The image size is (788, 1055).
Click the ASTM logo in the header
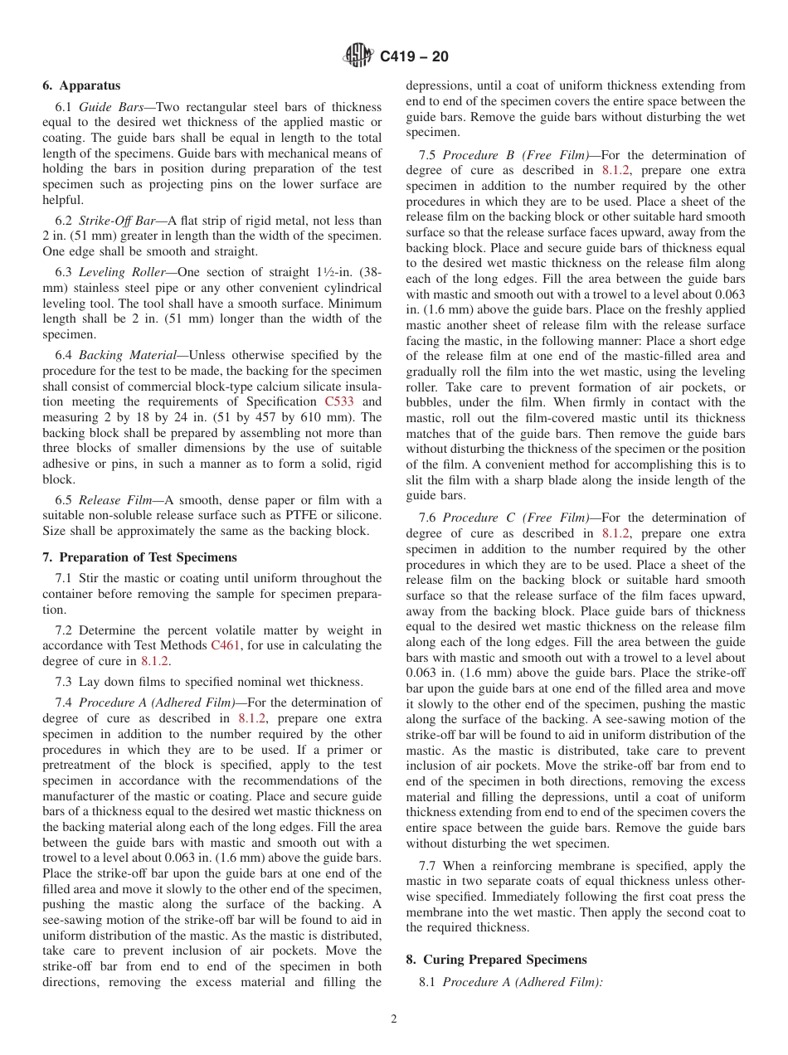358,56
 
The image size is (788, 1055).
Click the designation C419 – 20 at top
414,56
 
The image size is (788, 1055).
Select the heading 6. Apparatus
81,85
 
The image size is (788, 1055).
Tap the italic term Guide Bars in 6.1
107,107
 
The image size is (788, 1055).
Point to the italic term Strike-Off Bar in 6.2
117,221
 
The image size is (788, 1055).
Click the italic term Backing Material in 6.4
123,355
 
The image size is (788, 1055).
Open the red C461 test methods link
226,645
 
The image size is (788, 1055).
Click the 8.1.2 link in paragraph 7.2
154,661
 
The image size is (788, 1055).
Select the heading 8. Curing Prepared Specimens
496,960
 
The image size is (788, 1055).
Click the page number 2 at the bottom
394,1019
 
